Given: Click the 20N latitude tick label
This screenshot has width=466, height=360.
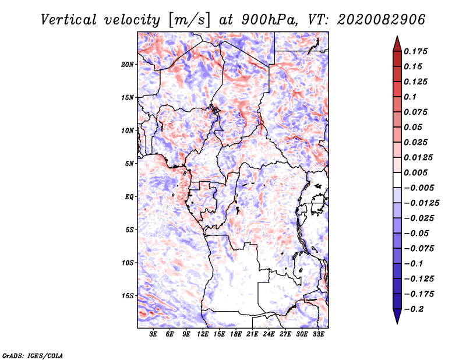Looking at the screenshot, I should pos(128,64).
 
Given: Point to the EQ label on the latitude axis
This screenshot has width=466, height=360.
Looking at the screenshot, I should pos(129,197).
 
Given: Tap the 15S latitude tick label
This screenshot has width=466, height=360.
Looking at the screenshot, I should pos(128,296).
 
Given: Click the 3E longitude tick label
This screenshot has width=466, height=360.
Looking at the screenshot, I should pos(154,334).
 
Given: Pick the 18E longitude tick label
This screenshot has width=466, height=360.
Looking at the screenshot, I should pos(236,334).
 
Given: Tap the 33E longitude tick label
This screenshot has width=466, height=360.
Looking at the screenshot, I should pos(318,334).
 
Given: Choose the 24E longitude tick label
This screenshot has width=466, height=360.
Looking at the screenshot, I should pos(269,334).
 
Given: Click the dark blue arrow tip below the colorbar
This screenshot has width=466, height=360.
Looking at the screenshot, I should pos(397,319).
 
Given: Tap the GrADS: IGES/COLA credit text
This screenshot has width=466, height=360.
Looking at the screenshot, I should pos(32,355).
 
